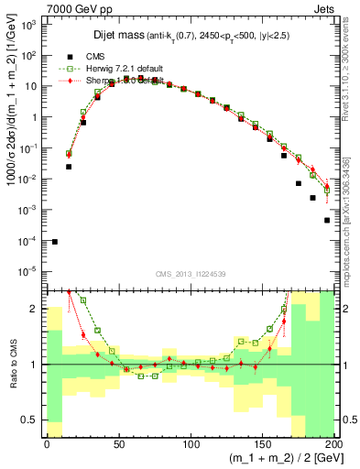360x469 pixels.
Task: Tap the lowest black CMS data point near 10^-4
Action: click(55, 241)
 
